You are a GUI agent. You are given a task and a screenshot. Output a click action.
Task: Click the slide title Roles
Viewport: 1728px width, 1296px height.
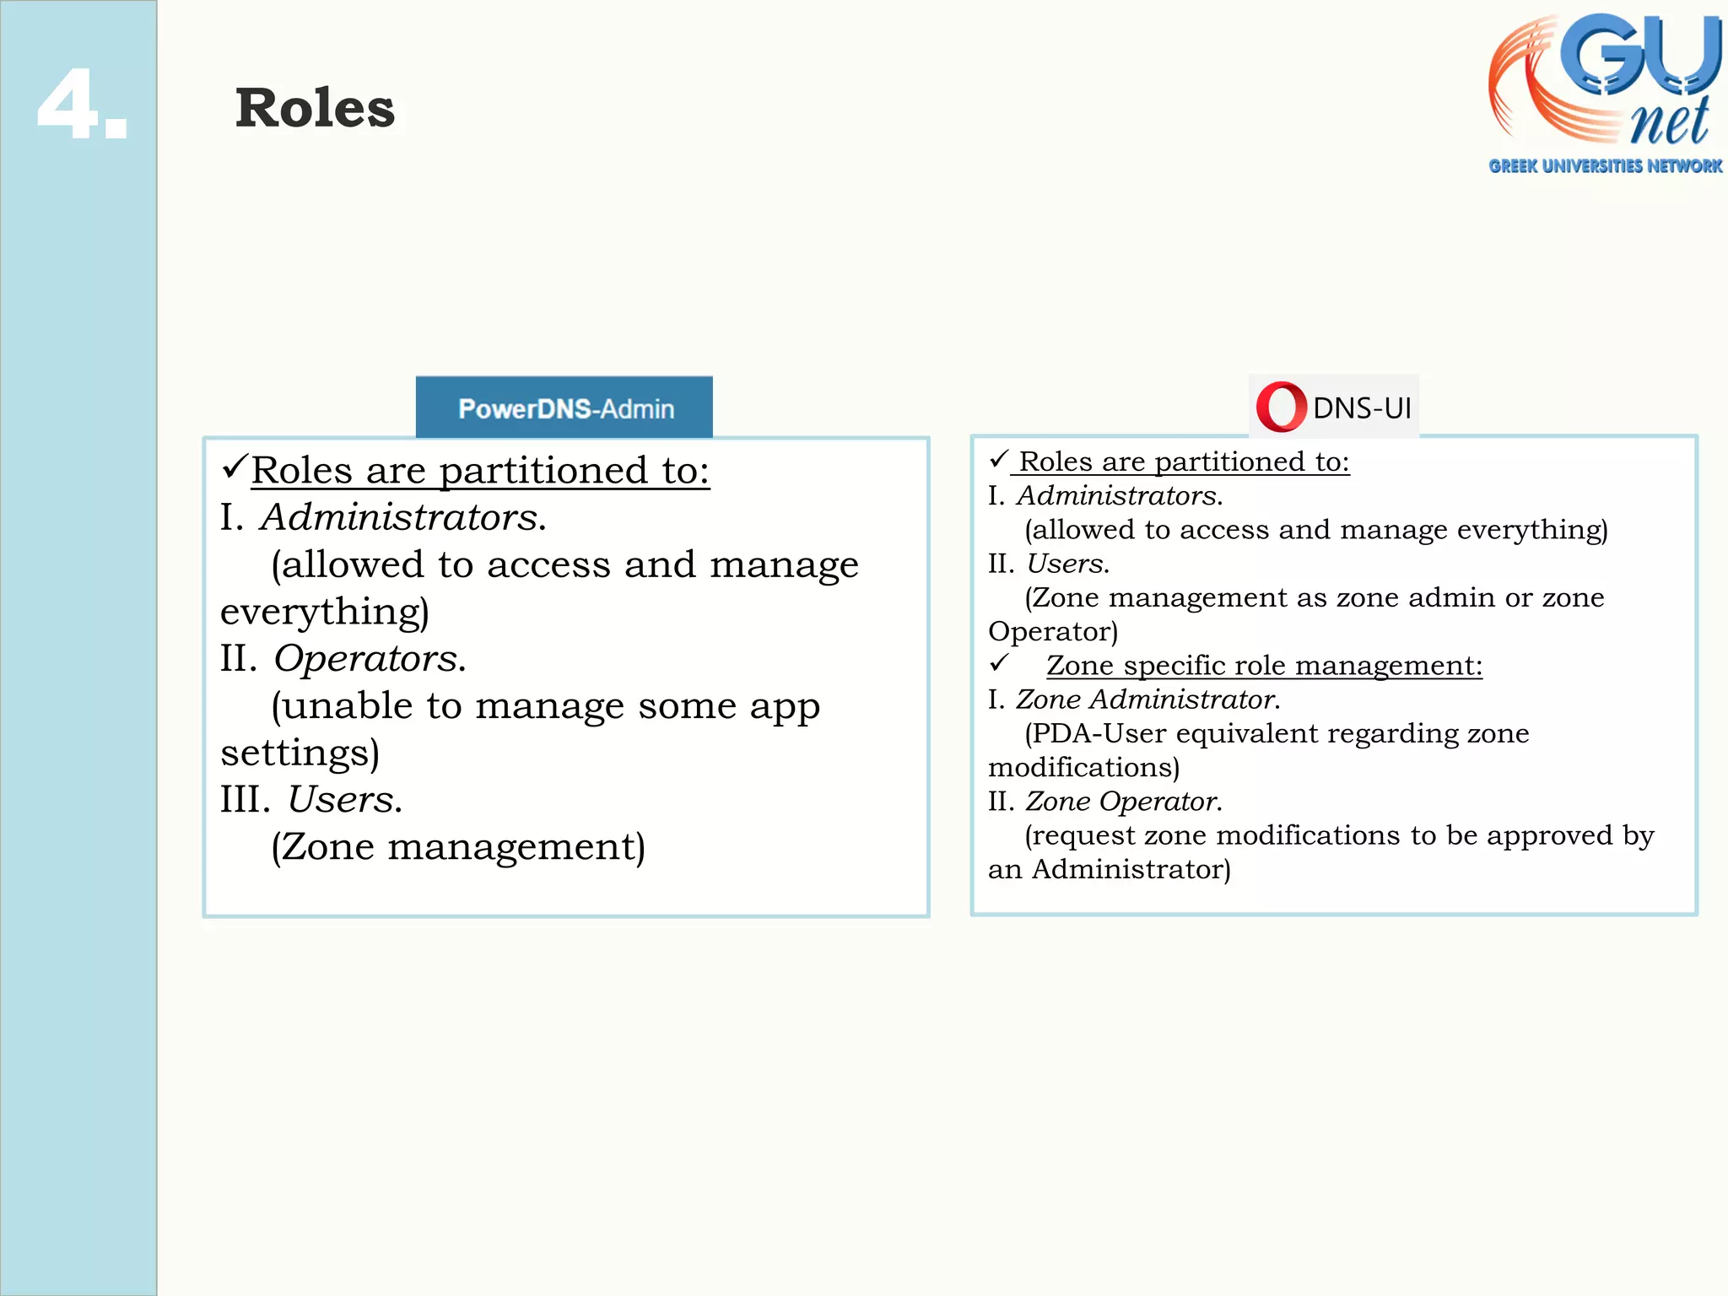pyautogui.click(x=315, y=109)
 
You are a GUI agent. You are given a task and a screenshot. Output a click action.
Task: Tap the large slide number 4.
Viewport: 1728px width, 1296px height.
pyautogui.click(x=83, y=105)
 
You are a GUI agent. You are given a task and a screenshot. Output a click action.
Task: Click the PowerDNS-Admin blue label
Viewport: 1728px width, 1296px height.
pyautogui.click(x=564, y=408)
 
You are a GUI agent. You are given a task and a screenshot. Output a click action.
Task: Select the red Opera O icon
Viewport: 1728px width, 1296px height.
pyautogui.click(x=1281, y=408)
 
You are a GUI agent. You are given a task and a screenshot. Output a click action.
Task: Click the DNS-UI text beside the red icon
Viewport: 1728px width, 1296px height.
pyautogui.click(x=1361, y=408)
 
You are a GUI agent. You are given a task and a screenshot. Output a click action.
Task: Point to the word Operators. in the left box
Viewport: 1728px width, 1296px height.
pyautogui.click(x=370, y=658)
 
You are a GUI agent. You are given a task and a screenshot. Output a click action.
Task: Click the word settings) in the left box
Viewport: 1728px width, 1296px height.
pyautogui.click(x=300, y=753)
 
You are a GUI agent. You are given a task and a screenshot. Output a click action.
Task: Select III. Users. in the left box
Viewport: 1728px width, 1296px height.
pyautogui.click(x=311, y=799)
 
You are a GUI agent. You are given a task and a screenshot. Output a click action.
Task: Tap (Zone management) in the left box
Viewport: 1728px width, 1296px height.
pyautogui.click(x=458, y=846)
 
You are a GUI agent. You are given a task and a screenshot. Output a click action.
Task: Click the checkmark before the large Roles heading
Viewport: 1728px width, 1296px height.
pyautogui.click(x=235, y=466)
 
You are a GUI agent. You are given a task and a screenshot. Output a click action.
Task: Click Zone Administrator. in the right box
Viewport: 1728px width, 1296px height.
pyautogui.click(x=1147, y=699)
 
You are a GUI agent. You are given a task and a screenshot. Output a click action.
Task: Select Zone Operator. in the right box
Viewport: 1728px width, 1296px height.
pyautogui.click(x=1123, y=801)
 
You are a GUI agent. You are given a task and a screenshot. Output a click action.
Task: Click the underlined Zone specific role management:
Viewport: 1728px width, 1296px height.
pyautogui.click(x=1264, y=666)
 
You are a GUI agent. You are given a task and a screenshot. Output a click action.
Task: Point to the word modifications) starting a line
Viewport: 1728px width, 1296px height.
pyautogui.click(x=1083, y=767)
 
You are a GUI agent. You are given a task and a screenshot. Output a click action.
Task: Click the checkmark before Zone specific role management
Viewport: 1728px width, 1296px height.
pyautogui.click(x=1000, y=663)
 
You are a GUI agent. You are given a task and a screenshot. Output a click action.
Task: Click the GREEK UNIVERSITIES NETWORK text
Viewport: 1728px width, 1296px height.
pyautogui.click(x=1605, y=166)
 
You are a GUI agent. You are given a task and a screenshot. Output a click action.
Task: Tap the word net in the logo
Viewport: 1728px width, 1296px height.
pyautogui.click(x=1668, y=123)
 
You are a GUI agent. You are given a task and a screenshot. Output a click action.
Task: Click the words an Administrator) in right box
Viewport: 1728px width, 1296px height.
pyautogui.click(x=1109, y=869)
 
